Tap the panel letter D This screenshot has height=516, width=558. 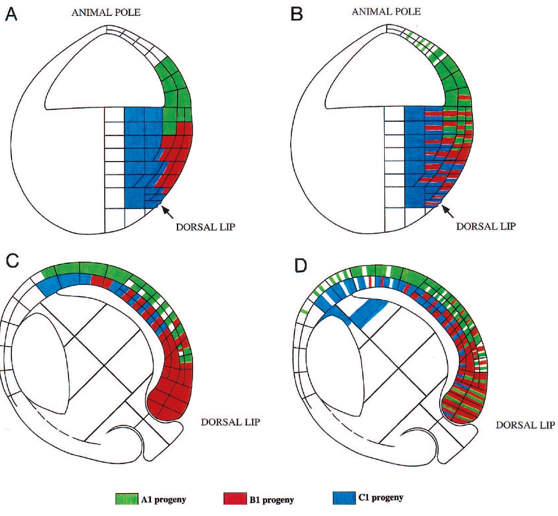click(x=301, y=265)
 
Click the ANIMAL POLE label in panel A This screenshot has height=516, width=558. click(x=106, y=12)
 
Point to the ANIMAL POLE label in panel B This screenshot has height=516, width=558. click(x=386, y=11)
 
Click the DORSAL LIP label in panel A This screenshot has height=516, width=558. click(x=206, y=227)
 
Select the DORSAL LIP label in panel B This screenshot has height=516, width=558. click(x=486, y=226)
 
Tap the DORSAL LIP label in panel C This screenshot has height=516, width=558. click(x=230, y=422)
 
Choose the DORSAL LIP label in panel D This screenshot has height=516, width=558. click(x=525, y=425)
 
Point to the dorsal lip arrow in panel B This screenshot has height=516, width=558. click(x=448, y=211)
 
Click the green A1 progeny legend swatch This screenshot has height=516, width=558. click(x=127, y=499)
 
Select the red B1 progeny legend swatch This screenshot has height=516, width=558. click(x=235, y=499)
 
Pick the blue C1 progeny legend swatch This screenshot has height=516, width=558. click(x=344, y=498)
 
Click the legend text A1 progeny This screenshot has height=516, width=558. click(x=163, y=500)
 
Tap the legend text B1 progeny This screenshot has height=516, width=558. click(x=271, y=500)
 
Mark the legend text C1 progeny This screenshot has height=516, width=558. click(x=380, y=497)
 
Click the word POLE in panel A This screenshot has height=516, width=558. click(x=127, y=12)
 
